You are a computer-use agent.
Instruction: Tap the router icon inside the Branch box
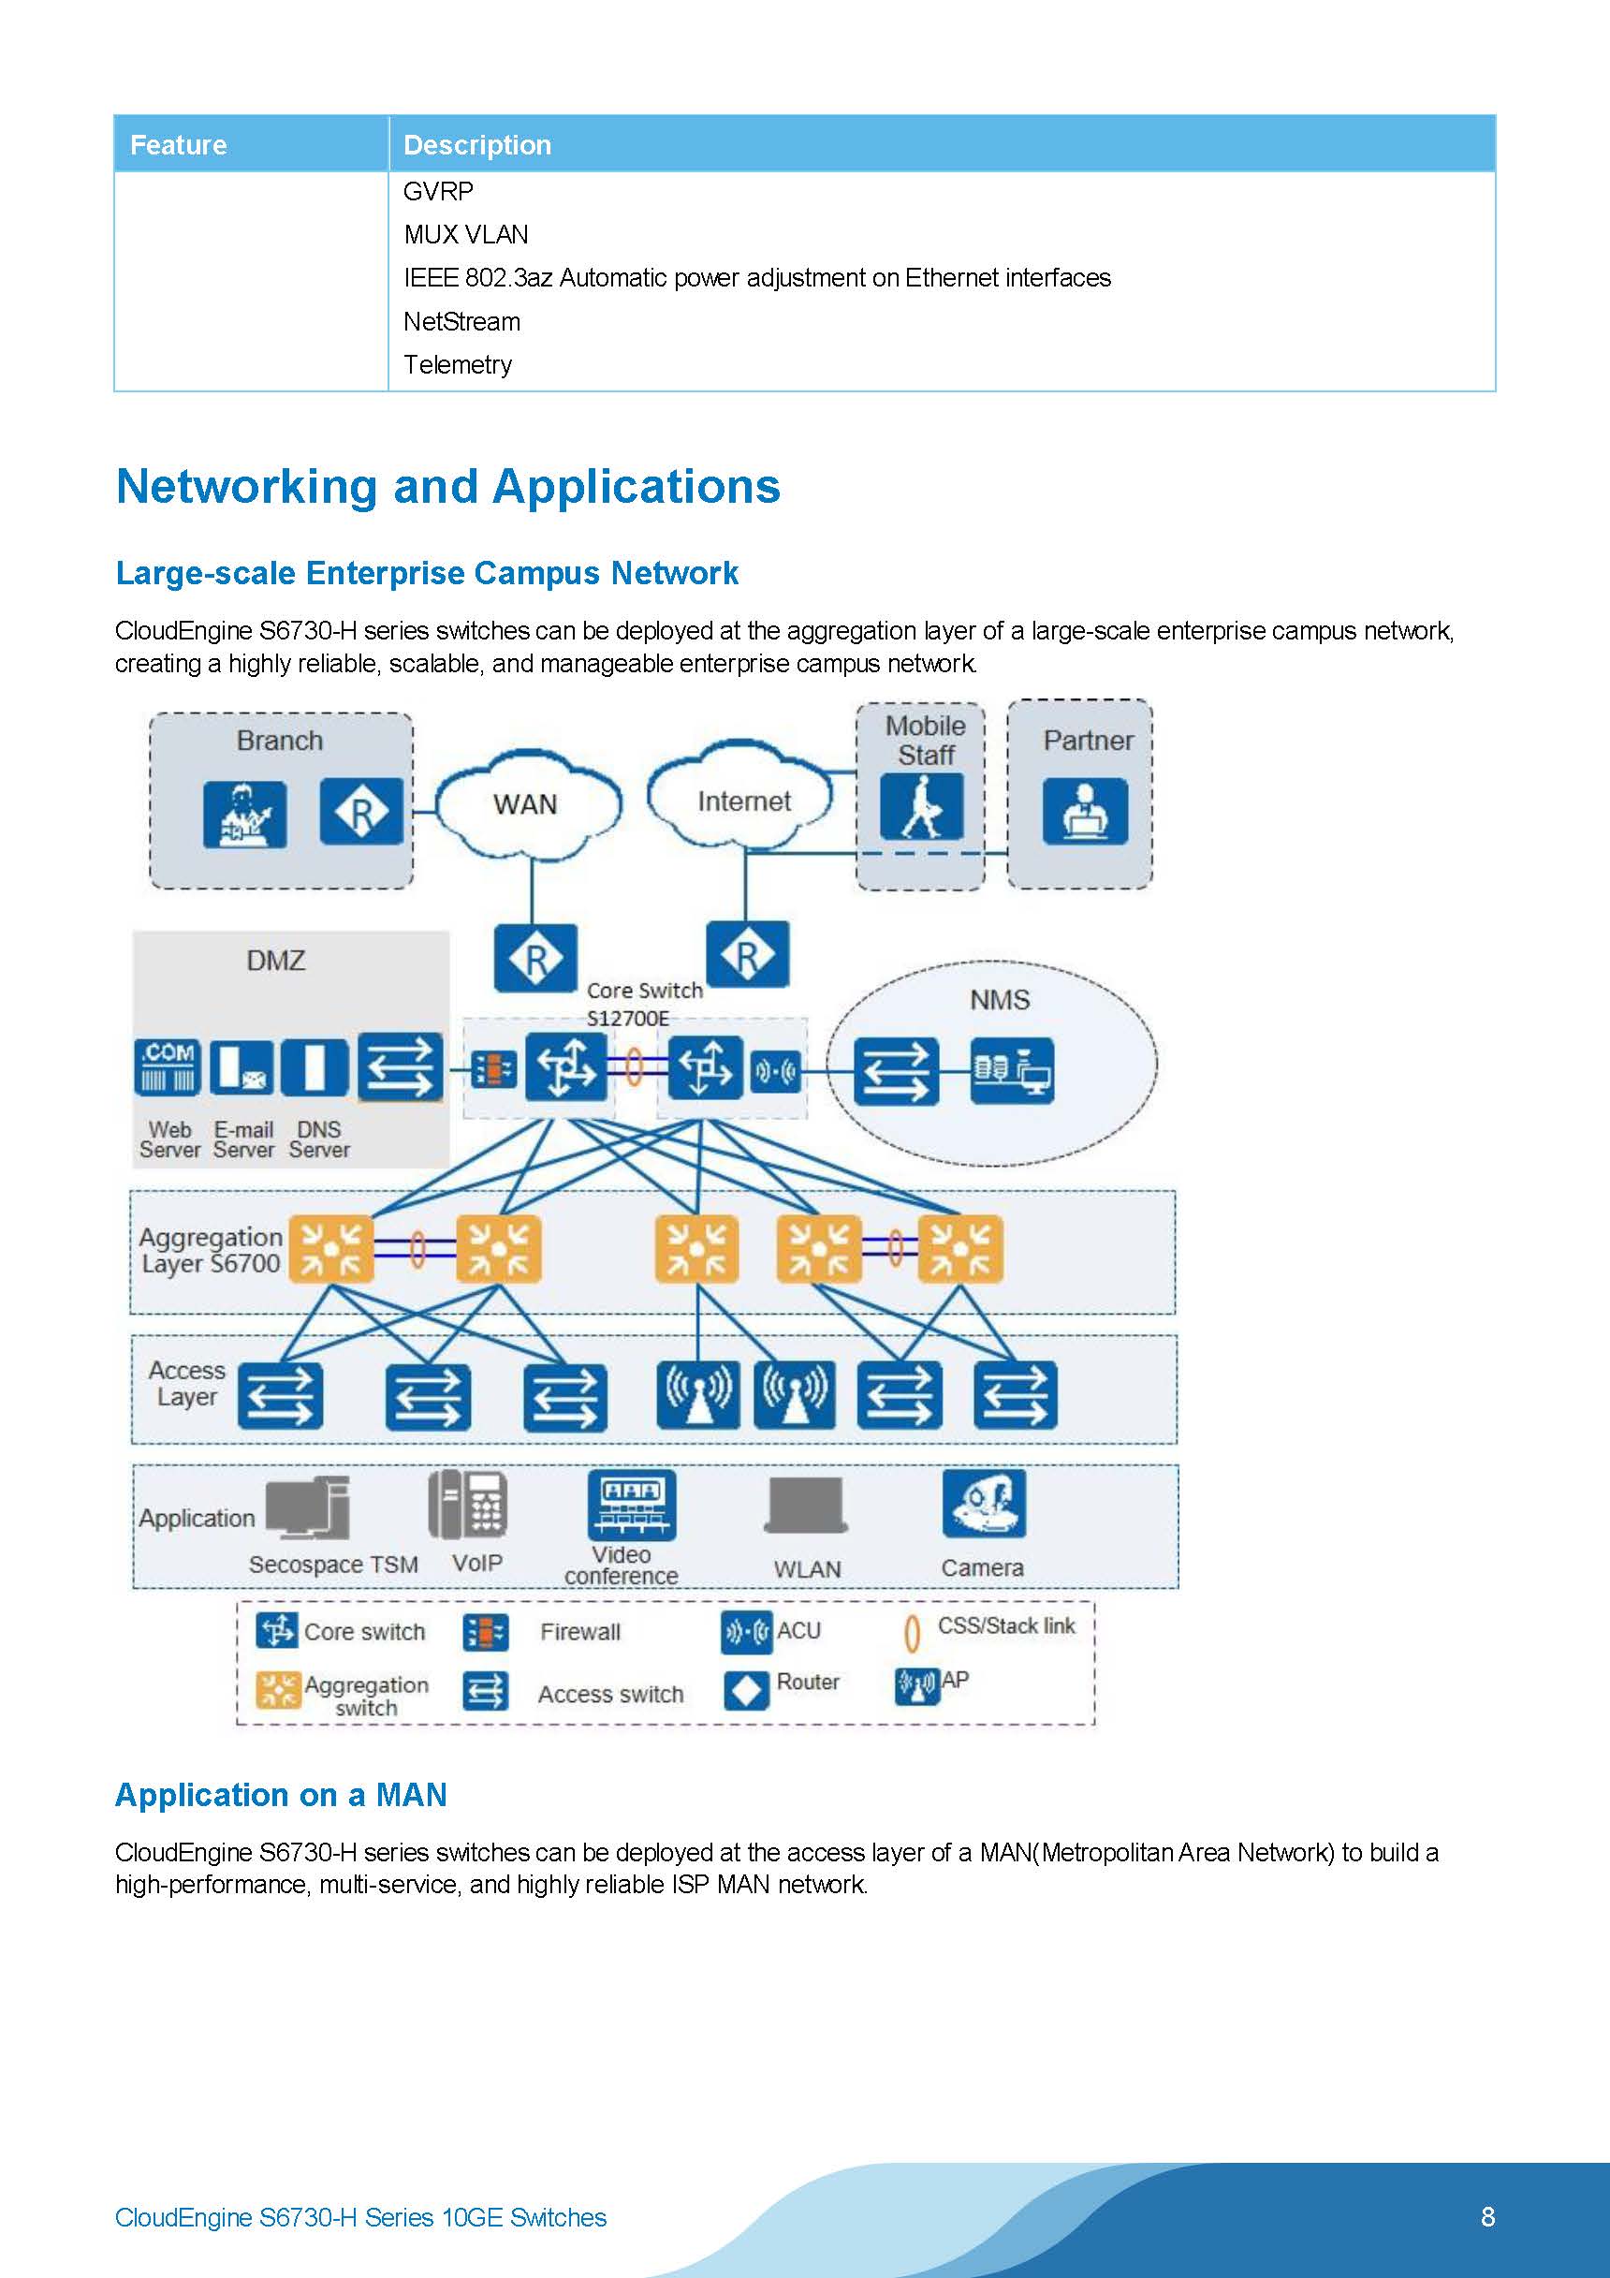pos(361,813)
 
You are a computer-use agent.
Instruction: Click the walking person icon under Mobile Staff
pos(922,807)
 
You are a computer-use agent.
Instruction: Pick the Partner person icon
pos(1084,811)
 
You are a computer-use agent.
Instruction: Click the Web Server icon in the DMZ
pos(168,1067)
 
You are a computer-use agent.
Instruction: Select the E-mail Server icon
pos(242,1067)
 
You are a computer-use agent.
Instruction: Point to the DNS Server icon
pos(315,1067)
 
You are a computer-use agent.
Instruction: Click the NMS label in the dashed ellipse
pos(999,999)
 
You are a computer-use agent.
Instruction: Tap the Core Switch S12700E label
pos(643,1003)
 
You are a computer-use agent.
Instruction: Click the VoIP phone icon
pos(468,1504)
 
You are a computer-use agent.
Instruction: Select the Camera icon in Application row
pos(983,1502)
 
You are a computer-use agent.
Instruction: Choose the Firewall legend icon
pos(486,1632)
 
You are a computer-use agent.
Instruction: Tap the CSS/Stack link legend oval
pos(913,1632)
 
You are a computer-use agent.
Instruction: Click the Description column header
pos(477,145)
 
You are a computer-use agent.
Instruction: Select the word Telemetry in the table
pos(458,365)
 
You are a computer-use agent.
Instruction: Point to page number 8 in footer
pos(1487,2216)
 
